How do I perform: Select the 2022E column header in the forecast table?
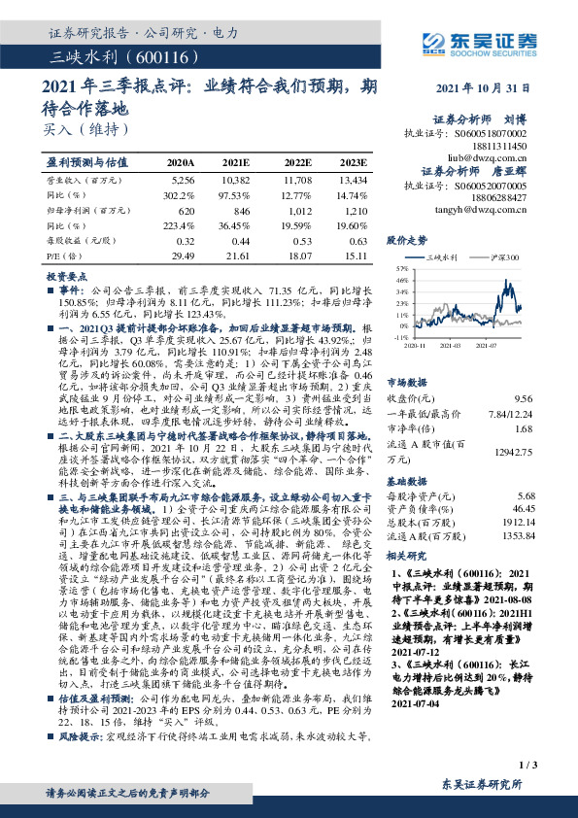(298, 162)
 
